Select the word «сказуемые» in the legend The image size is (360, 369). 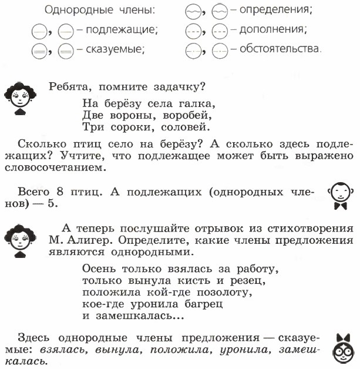click(121, 49)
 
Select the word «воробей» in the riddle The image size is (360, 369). click(189, 115)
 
